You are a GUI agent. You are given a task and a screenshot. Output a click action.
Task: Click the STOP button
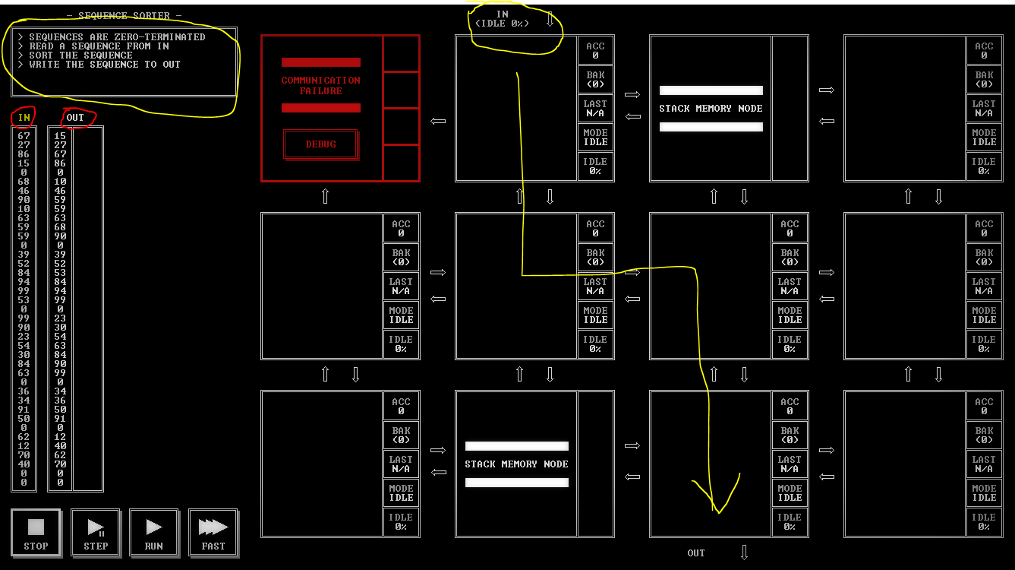pyautogui.click(x=36, y=533)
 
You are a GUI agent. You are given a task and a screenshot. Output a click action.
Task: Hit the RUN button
pyautogui.click(x=153, y=533)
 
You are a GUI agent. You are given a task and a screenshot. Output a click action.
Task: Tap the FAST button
pyautogui.click(x=213, y=533)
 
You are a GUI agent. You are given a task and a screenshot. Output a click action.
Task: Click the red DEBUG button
pyautogui.click(x=321, y=144)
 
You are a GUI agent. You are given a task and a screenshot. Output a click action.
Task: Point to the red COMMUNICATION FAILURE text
pyautogui.click(x=321, y=85)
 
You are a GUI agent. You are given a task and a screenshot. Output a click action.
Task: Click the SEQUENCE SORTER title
pyautogui.click(x=125, y=16)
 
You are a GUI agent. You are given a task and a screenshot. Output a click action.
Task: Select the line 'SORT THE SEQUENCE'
pyautogui.click(x=80, y=55)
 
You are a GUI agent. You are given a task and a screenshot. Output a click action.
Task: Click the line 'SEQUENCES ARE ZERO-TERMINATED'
pyautogui.click(x=117, y=36)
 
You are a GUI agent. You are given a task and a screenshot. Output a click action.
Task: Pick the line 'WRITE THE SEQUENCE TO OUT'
pyautogui.click(x=105, y=65)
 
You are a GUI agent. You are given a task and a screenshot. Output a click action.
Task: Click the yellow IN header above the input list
pyautogui.click(x=24, y=118)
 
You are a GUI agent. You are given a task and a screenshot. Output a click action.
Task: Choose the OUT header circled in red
pyautogui.click(x=75, y=118)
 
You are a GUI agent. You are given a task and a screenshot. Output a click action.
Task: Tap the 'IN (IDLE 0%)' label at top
pyautogui.click(x=502, y=19)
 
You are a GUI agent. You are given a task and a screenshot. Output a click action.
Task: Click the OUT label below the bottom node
pyautogui.click(x=696, y=553)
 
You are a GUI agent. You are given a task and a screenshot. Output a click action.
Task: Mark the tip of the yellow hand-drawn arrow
pyautogui.click(x=718, y=513)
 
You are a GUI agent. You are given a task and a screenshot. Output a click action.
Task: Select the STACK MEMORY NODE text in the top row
pyautogui.click(x=711, y=109)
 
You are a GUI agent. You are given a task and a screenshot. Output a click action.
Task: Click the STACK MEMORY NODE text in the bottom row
pyautogui.click(x=516, y=464)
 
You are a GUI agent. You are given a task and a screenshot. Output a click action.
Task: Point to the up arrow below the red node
pyautogui.click(x=326, y=196)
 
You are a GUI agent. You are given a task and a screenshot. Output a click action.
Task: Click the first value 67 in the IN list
pyautogui.click(x=24, y=135)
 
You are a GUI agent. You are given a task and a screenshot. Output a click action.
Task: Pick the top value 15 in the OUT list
pyautogui.click(x=60, y=135)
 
